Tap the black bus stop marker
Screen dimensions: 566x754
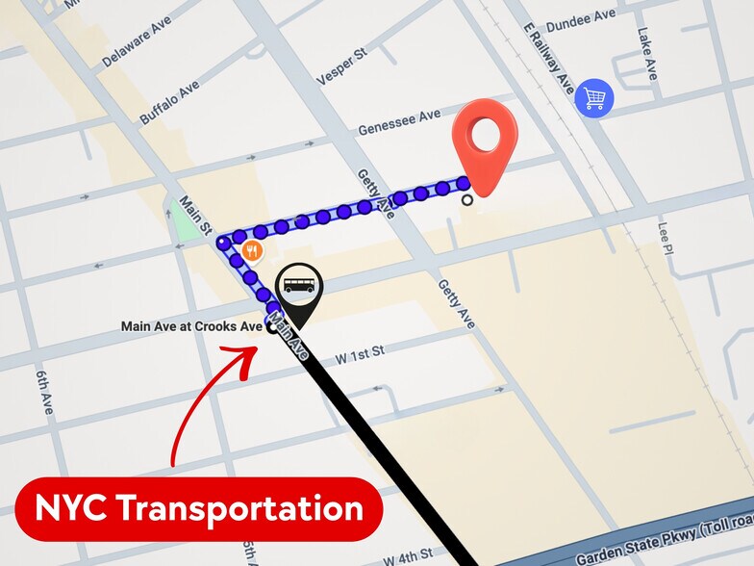(299, 288)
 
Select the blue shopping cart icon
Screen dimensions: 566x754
(593, 97)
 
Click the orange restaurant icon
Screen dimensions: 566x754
(253, 251)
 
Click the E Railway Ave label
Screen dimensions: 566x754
(548, 60)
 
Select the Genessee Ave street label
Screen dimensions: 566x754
(398, 122)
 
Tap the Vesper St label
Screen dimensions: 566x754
(341, 68)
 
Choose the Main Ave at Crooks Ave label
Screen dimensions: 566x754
(190, 326)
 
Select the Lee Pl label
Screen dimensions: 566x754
(664, 239)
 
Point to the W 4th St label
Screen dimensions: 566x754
(408, 557)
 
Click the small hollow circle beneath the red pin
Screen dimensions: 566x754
(467, 200)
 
